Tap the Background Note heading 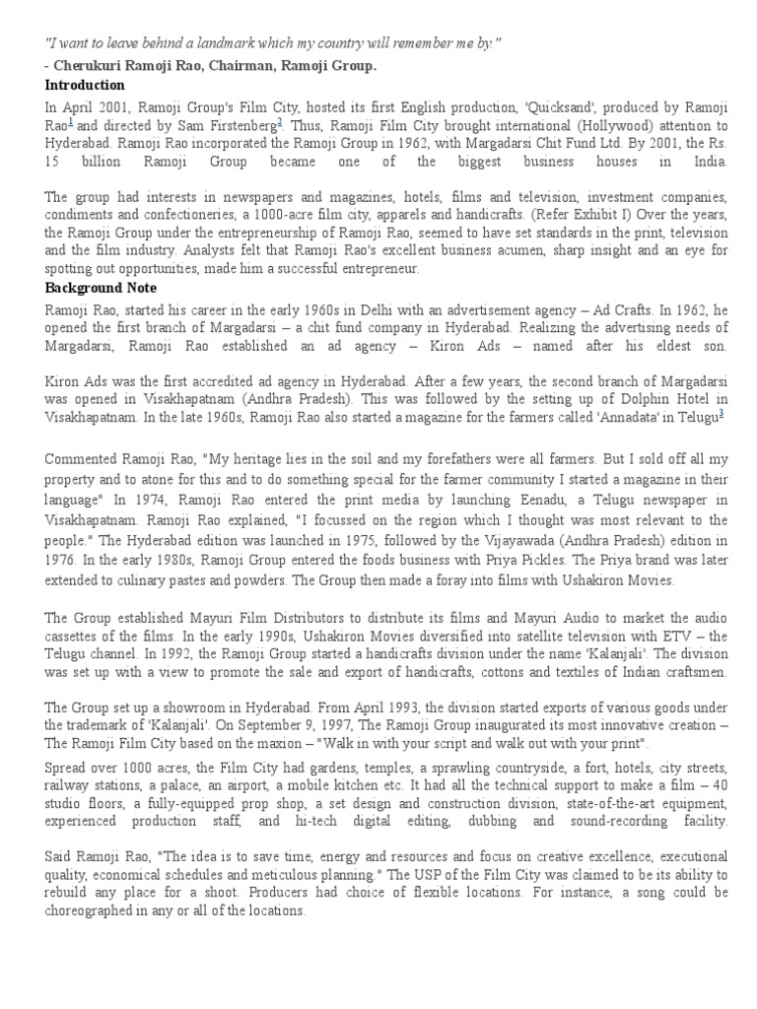pos(102,288)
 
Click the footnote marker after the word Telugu pos(723,414)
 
